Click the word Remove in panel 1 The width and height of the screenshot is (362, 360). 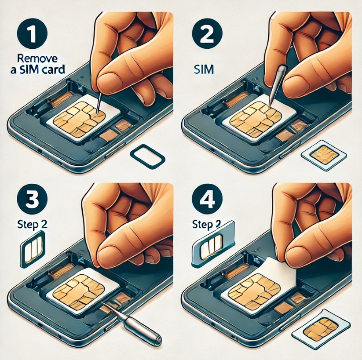coord(37,59)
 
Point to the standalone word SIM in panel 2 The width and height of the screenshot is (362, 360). coord(204,69)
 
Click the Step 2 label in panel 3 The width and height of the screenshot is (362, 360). coord(32,225)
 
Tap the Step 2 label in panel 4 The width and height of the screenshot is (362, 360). coord(206,225)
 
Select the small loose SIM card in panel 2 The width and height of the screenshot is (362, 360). coord(324,155)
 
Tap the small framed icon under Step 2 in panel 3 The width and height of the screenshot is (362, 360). coord(33,249)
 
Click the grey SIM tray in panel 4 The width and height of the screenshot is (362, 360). coord(213,244)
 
